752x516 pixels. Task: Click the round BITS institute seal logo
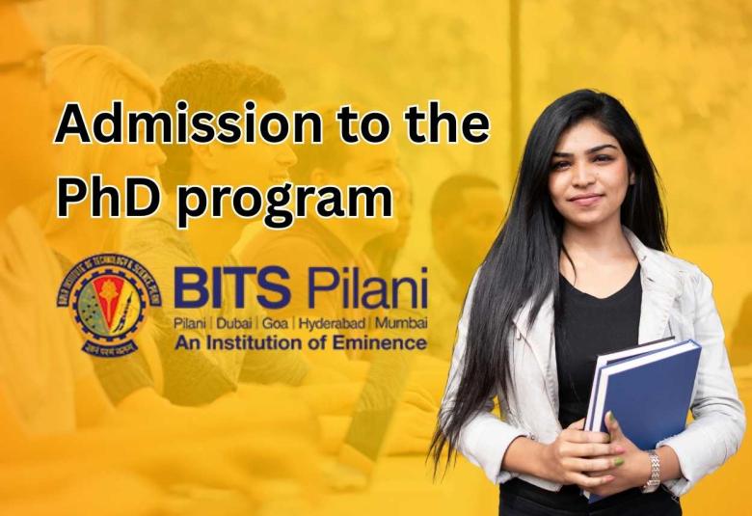pos(103,304)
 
